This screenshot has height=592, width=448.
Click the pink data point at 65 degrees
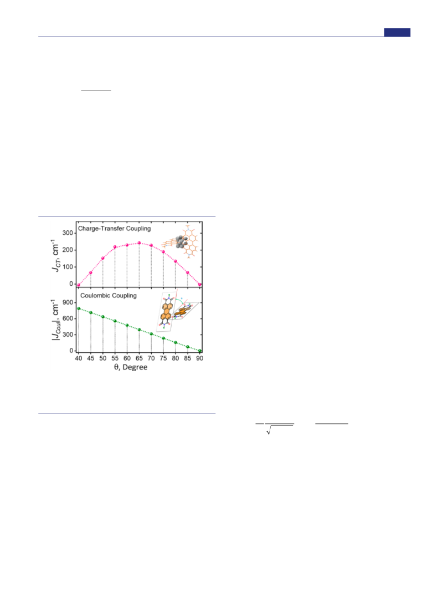click(x=139, y=243)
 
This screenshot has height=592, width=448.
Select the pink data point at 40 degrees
click(x=79, y=285)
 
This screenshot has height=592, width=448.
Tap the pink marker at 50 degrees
click(x=102, y=258)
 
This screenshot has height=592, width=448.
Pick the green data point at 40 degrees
click(x=79, y=308)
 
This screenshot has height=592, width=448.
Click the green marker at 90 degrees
click(x=200, y=351)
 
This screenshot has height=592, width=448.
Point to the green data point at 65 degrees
click(x=139, y=330)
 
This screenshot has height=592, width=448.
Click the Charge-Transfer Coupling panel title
click(x=114, y=229)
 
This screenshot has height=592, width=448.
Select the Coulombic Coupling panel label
click(x=109, y=295)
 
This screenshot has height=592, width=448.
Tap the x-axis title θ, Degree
click(x=131, y=367)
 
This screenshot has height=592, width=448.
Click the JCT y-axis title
click(x=56, y=255)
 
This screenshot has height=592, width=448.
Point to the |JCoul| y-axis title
click(x=56, y=320)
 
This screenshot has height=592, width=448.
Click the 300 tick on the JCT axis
click(x=68, y=233)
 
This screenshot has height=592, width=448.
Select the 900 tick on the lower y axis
click(x=68, y=302)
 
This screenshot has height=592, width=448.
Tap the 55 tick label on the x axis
click(x=115, y=358)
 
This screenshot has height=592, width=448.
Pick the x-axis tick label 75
click(x=163, y=358)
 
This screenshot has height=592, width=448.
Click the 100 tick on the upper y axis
click(x=68, y=267)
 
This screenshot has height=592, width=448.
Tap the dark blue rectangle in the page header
click(x=397, y=33)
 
